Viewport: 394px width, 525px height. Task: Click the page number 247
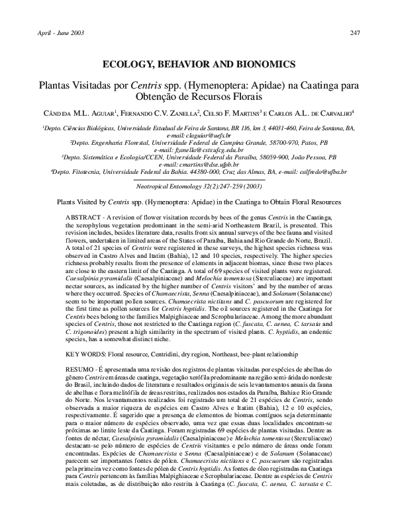(355, 33)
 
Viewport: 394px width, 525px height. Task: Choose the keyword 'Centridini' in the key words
(179, 355)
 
